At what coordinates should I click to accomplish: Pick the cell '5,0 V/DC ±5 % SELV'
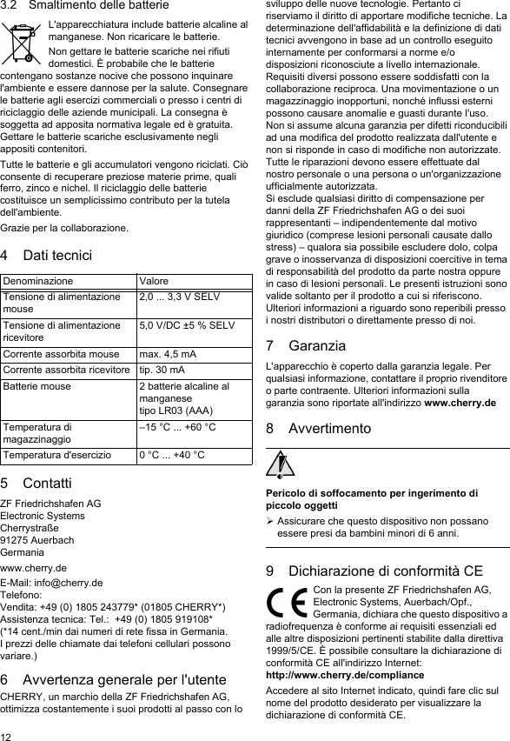[187, 325]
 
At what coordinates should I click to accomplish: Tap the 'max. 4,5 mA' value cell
[169, 354]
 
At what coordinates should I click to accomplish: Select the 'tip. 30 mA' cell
[162, 369]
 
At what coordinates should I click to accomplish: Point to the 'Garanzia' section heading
[316, 345]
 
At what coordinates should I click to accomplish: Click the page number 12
[7, 734]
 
